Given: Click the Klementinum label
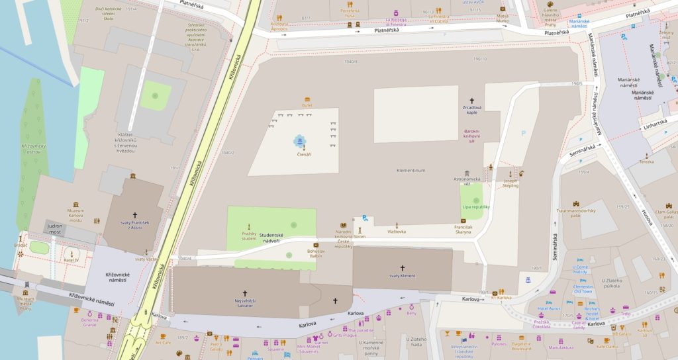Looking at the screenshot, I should tap(410, 170).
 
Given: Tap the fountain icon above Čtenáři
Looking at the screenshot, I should tap(300, 140).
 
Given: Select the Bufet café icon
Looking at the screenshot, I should tap(307, 99).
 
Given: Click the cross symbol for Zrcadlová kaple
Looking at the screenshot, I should tap(471, 101).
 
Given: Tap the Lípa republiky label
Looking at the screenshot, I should tap(475, 207).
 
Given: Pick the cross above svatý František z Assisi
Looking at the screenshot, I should tap(135, 215).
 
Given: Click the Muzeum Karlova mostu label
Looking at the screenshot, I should tap(75, 215).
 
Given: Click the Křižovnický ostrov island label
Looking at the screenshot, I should tap(33, 148).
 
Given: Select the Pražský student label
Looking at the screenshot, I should tap(249, 237).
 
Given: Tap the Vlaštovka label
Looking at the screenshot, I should tap(396, 232).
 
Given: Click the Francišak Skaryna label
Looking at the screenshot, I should tap(463, 230).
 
